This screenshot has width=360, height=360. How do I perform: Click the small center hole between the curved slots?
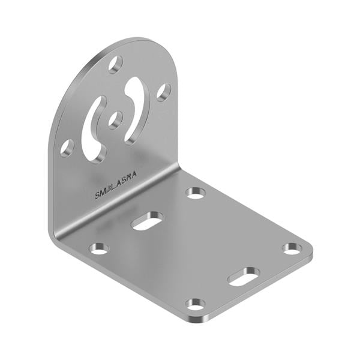(x=115, y=119)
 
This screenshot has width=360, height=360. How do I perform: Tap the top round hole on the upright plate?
(x=116, y=64)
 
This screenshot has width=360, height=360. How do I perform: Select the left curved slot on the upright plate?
(x=94, y=129)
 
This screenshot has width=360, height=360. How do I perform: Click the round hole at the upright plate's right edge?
(x=163, y=92)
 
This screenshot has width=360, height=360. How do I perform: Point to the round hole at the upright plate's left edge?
(x=67, y=147)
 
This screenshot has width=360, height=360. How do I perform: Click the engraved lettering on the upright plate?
(x=116, y=185)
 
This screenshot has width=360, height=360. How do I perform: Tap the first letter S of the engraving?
(x=97, y=194)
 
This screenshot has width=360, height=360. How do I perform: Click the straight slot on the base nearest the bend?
(x=147, y=220)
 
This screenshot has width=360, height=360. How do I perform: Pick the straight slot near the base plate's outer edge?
(x=243, y=275)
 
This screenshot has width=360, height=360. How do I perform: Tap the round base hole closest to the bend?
(x=195, y=193)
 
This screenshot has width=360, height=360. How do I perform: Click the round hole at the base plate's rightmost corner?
(x=292, y=248)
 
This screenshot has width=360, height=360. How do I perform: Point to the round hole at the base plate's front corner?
(x=195, y=304)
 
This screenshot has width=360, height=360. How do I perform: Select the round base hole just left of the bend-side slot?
(x=98, y=248)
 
